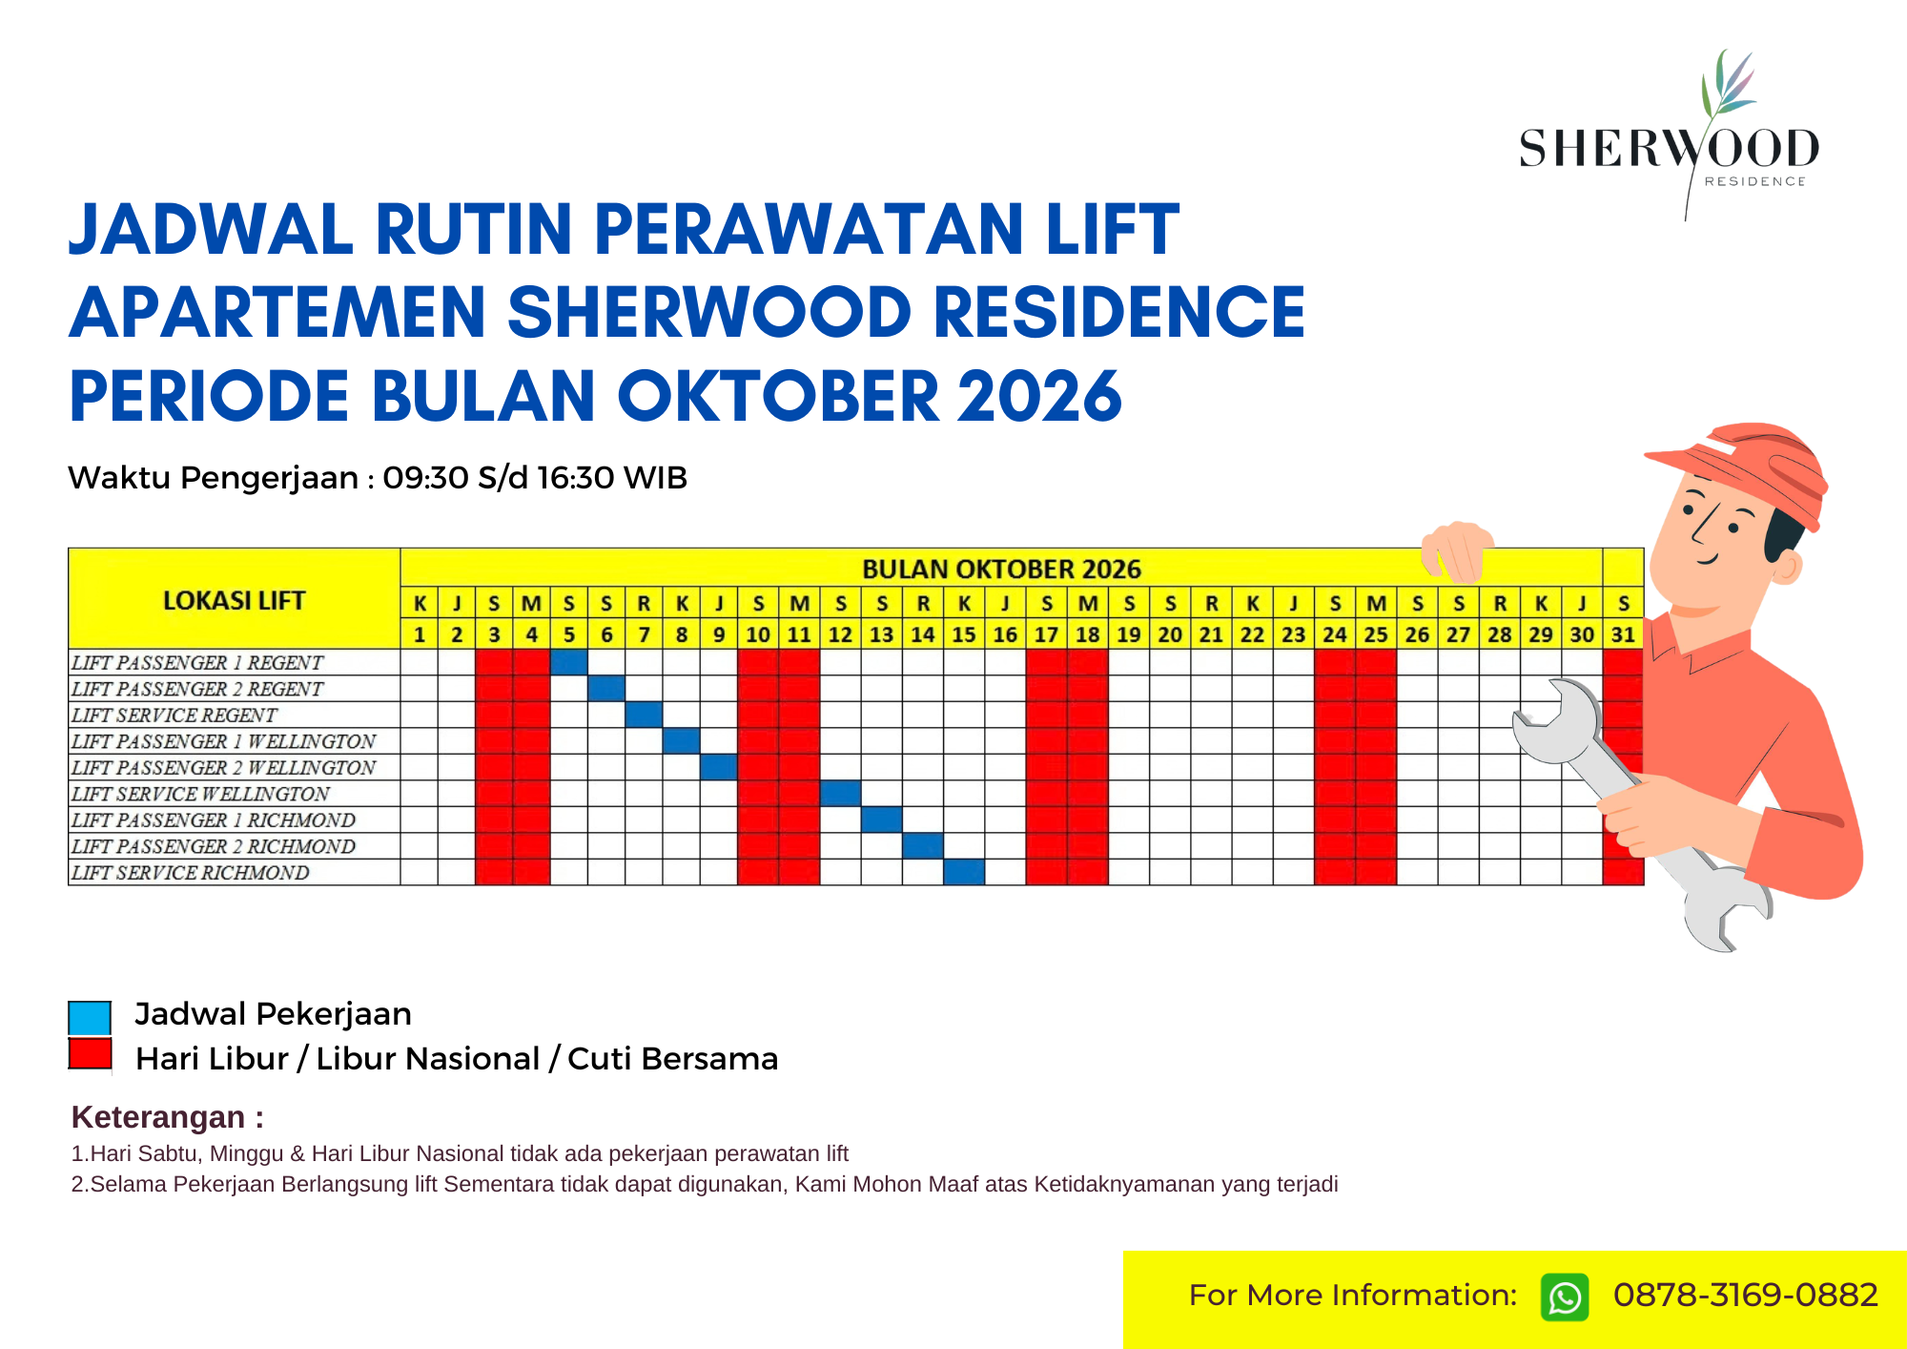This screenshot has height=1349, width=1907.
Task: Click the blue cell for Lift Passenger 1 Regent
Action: (569, 662)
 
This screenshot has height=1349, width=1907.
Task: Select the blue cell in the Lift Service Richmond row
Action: (964, 872)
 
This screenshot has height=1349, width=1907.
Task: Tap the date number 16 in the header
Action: (1005, 634)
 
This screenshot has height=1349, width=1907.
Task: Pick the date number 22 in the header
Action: (1252, 634)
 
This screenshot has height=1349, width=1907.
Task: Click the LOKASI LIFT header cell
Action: (235, 600)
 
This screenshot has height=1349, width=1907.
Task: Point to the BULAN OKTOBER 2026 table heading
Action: (1001, 570)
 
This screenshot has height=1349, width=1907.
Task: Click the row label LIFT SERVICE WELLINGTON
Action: (200, 794)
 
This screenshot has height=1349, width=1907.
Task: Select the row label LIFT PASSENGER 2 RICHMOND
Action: (214, 846)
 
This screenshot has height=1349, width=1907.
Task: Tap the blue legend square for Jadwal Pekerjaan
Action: (90, 1017)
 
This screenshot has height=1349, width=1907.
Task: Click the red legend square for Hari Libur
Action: (90, 1054)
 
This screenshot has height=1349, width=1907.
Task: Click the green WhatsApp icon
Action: (1565, 1297)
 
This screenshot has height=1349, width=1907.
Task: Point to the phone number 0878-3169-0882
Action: (1745, 1295)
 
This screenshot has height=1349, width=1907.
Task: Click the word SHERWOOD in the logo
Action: (1669, 149)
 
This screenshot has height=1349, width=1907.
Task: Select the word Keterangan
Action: (158, 1116)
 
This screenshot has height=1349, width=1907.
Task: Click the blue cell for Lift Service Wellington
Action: (840, 794)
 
